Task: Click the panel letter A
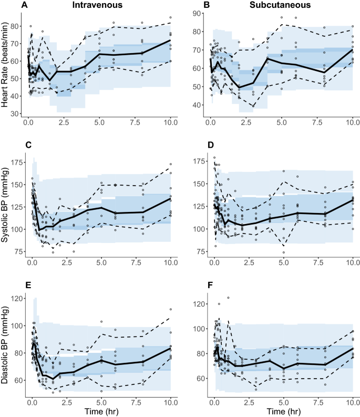9,5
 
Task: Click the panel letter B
191,5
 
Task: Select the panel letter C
9,145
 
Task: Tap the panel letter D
191,145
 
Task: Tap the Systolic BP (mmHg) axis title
6,206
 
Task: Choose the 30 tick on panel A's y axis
17,114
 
